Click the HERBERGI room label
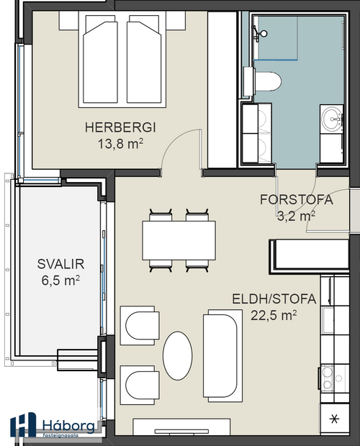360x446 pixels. point(121,127)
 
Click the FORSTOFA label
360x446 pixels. point(297,200)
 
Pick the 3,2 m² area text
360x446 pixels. point(296,214)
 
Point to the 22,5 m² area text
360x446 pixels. point(274,314)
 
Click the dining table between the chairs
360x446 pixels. point(179,240)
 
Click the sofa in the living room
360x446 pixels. point(220,354)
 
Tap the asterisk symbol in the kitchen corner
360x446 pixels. point(332,419)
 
